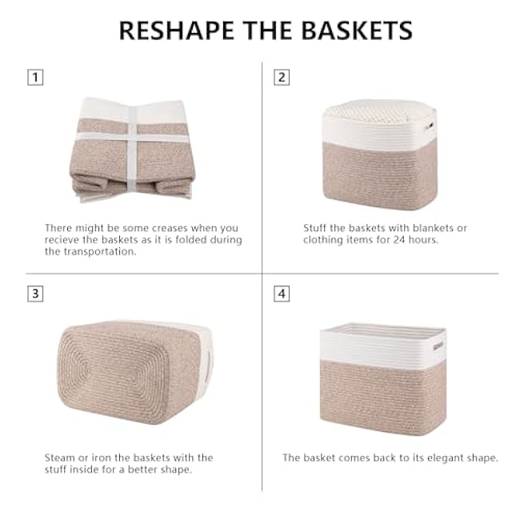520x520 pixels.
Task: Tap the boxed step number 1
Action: click(x=34, y=78)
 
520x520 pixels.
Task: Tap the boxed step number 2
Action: click(x=281, y=78)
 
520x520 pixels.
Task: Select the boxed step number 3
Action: click(x=34, y=294)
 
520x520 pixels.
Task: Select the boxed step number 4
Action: click(x=281, y=294)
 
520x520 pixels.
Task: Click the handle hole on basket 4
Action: click(x=438, y=346)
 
